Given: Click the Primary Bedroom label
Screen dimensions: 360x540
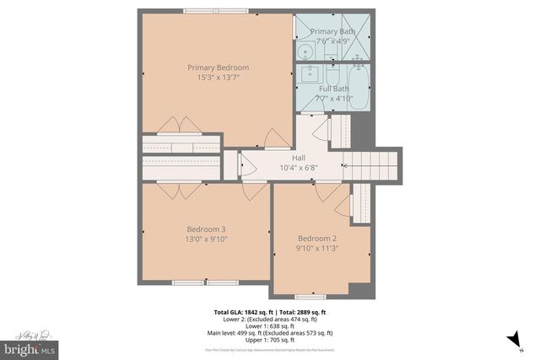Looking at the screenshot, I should click(x=218, y=67).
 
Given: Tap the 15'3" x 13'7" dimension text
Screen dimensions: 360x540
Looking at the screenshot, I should click(x=218, y=78).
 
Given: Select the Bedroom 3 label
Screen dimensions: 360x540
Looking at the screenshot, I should click(x=206, y=228).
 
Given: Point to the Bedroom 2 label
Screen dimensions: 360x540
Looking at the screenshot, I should click(x=316, y=238).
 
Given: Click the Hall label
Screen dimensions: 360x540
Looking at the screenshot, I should click(x=299, y=158).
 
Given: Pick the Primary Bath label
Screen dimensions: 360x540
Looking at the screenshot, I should click(x=333, y=31).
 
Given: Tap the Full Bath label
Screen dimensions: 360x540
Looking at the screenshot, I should click(x=333, y=88).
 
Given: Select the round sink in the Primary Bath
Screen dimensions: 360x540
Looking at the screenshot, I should click(x=308, y=50).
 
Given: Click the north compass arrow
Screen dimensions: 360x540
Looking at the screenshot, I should click(x=512, y=340).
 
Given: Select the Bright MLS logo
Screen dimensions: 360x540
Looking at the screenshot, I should click(x=30, y=347).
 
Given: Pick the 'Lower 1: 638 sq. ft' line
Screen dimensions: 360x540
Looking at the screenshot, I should click(x=269, y=325).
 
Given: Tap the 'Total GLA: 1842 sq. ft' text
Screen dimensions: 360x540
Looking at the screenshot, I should click(x=239, y=312).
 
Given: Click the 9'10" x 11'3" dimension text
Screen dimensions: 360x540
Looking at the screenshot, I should click(x=316, y=248).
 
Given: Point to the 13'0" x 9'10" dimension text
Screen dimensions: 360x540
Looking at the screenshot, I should click(x=206, y=239).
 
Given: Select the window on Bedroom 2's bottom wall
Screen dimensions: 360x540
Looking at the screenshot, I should click(x=310, y=297).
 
